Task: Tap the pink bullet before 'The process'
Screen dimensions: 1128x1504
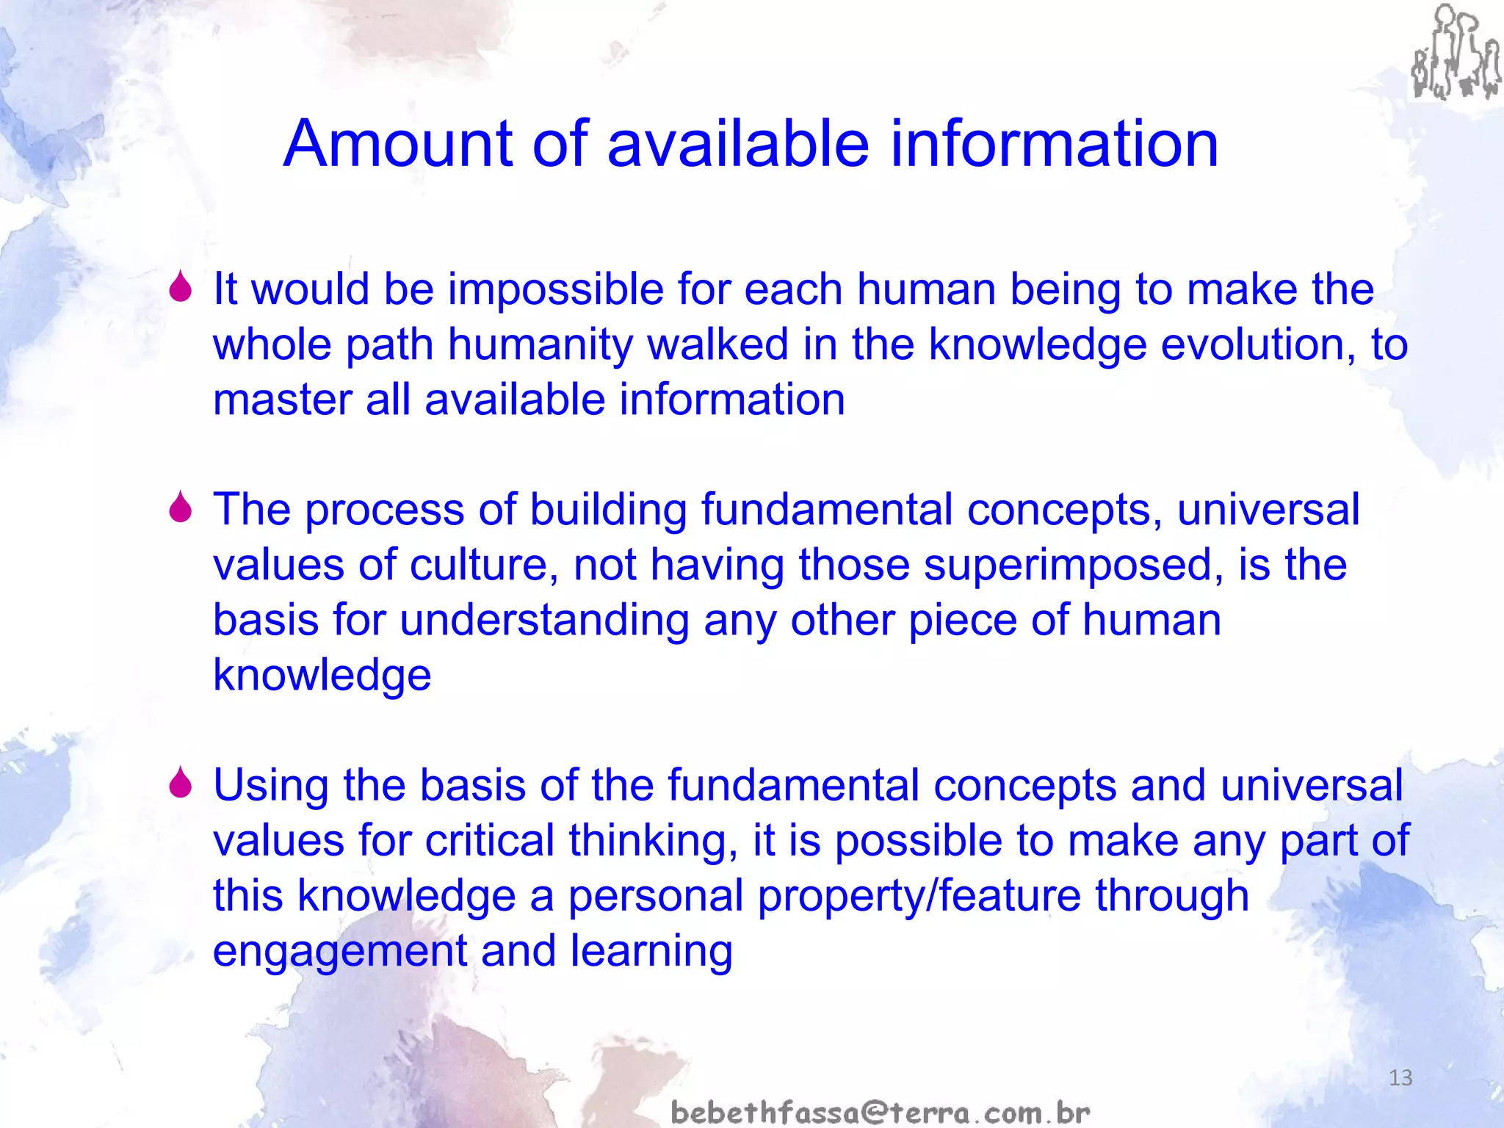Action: pos(180,507)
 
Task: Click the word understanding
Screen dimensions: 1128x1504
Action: pos(544,621)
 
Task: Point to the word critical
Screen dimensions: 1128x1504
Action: pos(490,841)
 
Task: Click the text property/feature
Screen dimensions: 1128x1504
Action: pos(919,897)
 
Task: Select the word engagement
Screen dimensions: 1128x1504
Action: pos(339,952)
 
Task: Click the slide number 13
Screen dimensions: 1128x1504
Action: pos(1400,1078)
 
